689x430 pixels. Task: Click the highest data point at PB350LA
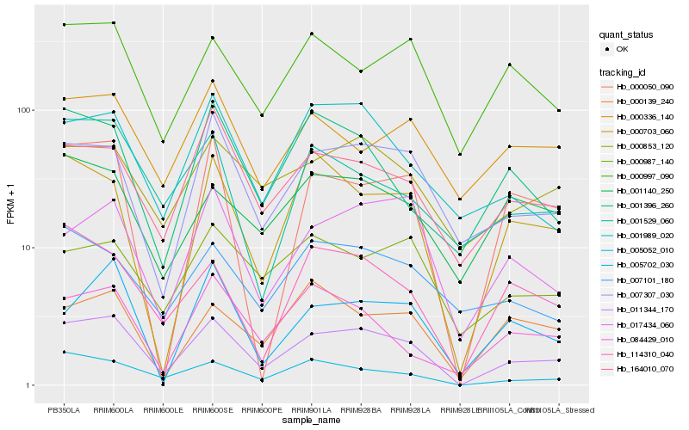(x=64, y=25)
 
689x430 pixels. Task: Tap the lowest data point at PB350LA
(x=64, y=352)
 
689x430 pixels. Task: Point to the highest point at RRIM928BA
(x=361, y=71)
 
